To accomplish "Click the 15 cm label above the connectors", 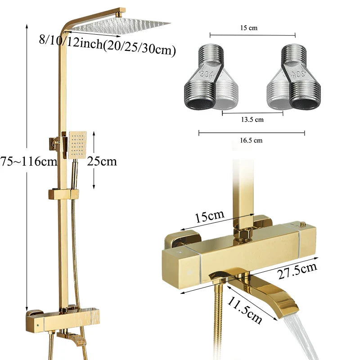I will (252, 28).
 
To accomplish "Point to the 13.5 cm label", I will (252, 120).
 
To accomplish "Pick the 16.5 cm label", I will (252, 140).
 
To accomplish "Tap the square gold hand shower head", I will (77, 145).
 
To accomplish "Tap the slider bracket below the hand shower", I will (63, 194).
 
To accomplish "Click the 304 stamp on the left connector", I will (207, 75).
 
